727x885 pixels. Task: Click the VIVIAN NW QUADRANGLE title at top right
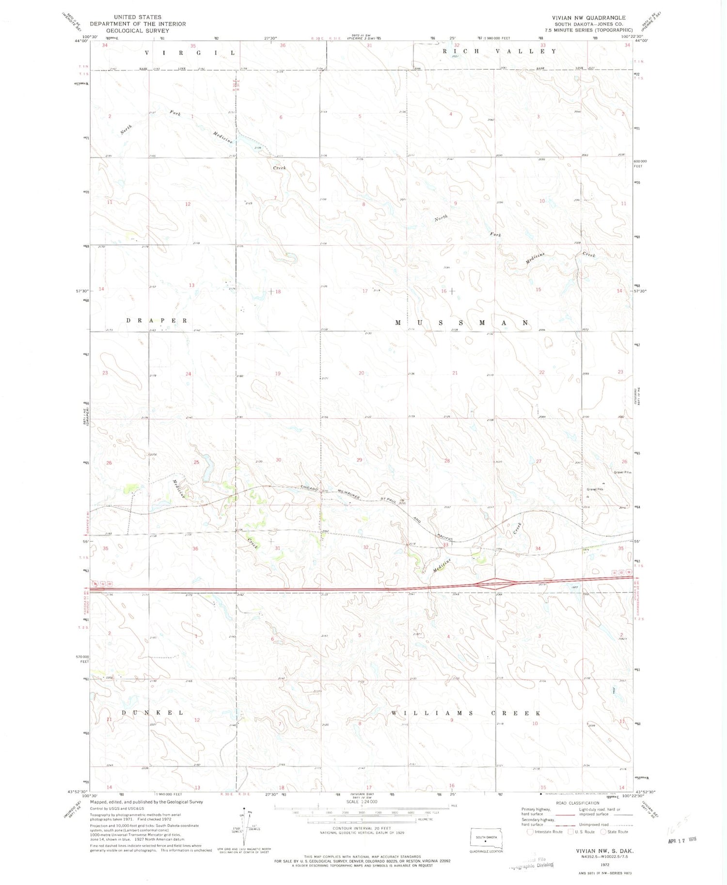pos(588,17)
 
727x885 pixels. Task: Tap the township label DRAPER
pos(157,320)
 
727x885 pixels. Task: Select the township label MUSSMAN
pos(461,322)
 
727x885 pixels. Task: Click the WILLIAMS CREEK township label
pos(465,713)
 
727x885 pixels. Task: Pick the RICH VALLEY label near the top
pos(499,51)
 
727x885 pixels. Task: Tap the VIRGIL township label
pos(190,52)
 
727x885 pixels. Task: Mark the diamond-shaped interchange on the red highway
pos(495,584)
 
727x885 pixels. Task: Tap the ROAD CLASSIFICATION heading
pos(574,802)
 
